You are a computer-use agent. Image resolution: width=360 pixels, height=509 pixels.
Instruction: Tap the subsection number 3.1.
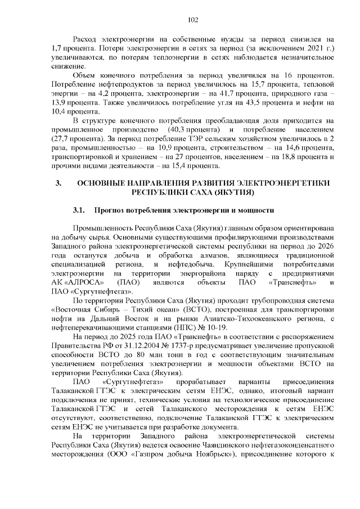(79, 210)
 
